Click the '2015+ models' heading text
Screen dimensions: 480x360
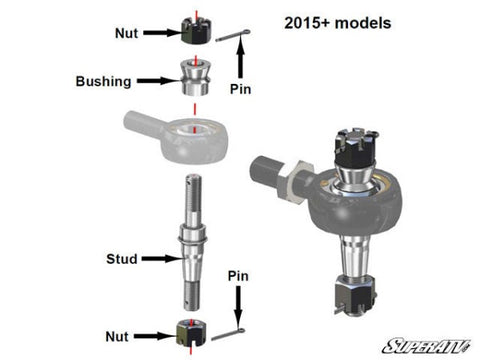click(x=338, y=23)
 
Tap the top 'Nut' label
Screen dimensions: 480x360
click(x=126, y=33)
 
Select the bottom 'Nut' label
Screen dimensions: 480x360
click(x=117, y=337)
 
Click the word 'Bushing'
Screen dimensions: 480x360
click(x=103, y=82)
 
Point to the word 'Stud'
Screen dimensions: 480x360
click(x=122, y=259)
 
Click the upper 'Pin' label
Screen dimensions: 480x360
click(x=240, y=89)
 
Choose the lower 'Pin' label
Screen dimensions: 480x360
click(x=238, y=276)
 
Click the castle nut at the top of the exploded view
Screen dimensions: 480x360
click(x=196, y=31)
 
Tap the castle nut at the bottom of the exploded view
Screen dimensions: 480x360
click(x=191, y=332)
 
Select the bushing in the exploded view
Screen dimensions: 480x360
click(x=195, y=77)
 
